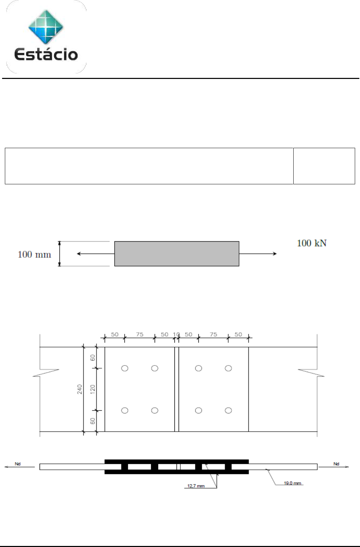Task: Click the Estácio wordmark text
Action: (46, 54)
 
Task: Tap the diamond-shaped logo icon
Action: (46, 27)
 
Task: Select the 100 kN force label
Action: (312, 243)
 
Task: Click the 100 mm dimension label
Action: (34, 255)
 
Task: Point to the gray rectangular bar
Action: (177, 254)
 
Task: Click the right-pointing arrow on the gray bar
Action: (258, 254)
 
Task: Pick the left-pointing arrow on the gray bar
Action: (96, 254)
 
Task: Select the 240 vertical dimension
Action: (80, 389)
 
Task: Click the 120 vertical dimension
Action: (92, 389)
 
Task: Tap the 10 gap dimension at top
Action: (176, 334)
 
